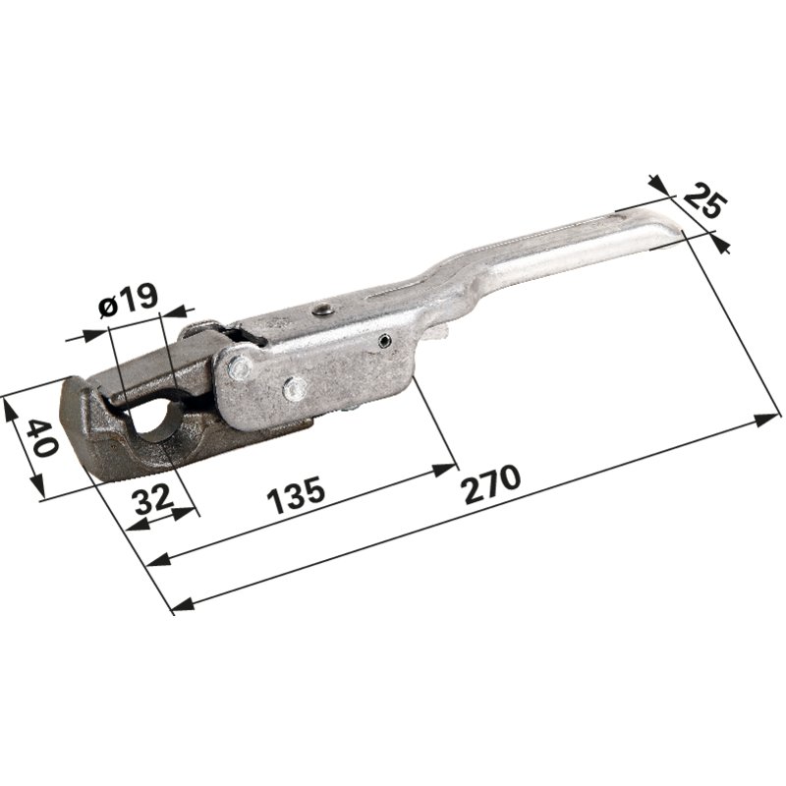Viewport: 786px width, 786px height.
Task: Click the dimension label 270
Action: (x=492, y=483)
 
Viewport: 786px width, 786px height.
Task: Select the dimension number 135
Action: (x=296, y=495)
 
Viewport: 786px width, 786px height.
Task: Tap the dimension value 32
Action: (x=154, y=499)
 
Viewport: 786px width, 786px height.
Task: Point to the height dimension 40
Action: (x=41, y=438)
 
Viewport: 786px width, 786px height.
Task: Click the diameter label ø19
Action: (x=129, y=301)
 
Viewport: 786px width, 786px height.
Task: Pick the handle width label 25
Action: (x=704, y=201)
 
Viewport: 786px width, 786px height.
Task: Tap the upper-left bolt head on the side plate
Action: (x=239, y=368)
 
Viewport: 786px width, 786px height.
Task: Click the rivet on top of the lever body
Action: (x=321, y=309)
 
